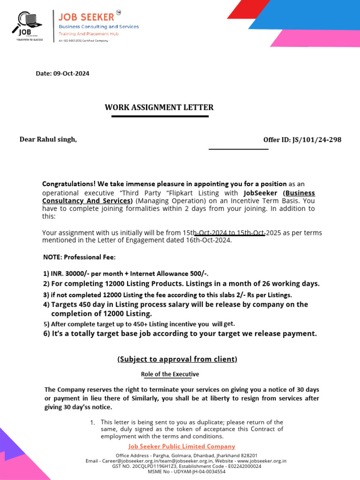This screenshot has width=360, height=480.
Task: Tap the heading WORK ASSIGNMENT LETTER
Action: pyautogui.click(x=159, y=107)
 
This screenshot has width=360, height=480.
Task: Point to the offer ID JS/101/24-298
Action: pyautogui.click(x=317, y=140)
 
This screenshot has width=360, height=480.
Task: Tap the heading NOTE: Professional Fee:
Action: pyautogui.click(x=79, y=257)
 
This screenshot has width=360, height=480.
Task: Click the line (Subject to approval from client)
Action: pyautogui.click(x=177, y=359)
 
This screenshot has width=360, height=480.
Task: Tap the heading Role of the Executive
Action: pyautogui.click(x=170, y=374)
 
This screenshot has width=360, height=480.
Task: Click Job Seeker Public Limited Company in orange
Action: pyautogui.click(x=182, y=446)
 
